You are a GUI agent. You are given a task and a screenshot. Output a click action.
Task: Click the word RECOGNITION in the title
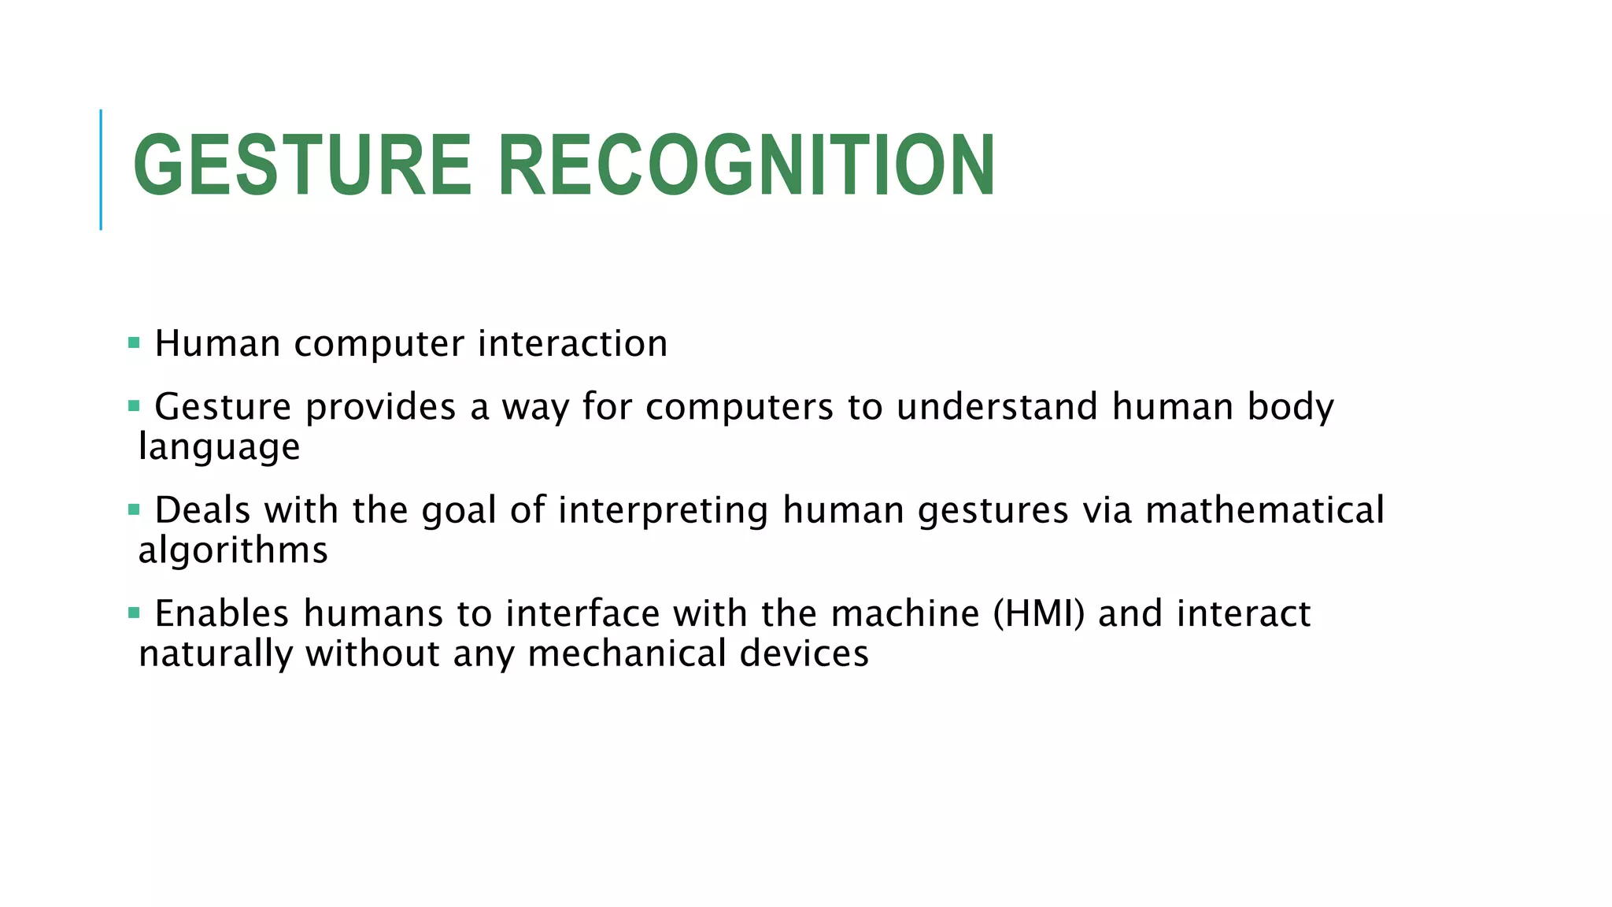coord(746,165)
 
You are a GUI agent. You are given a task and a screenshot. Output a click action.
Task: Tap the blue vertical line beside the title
coord(101,169)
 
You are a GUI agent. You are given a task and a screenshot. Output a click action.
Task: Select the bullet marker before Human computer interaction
coord(134,343)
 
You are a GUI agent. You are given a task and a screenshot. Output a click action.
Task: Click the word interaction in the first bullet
coord(572,344)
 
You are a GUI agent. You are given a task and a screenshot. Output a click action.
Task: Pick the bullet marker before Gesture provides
coord(134,406)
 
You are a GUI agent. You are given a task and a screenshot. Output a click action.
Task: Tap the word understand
coord(997,407)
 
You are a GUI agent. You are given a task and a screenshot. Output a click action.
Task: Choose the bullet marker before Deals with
coord(134,510)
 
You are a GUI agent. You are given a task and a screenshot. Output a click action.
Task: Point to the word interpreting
coord(663,511)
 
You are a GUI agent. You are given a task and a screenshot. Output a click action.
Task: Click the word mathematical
coord(1264,510)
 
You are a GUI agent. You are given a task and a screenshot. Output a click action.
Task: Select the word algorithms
coord(233,550)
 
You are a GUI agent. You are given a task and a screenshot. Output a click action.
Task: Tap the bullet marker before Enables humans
coord(134,613)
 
